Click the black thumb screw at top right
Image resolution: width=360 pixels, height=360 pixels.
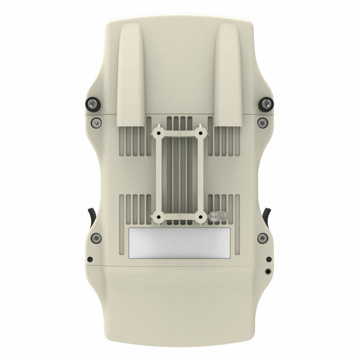pos(266,103)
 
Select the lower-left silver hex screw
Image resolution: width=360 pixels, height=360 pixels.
pos(97,238)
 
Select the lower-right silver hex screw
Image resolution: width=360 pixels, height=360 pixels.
pos(263,238)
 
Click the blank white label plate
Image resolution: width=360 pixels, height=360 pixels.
pos(179,243)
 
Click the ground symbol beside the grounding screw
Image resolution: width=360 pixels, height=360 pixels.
pos(224,218)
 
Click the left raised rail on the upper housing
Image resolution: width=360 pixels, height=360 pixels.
pos(132,77)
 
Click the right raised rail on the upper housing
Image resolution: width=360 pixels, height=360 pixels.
pos(228,77)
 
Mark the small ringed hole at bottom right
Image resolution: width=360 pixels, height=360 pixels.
pos(268,271)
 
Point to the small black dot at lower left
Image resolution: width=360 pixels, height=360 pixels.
pos(90,259)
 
